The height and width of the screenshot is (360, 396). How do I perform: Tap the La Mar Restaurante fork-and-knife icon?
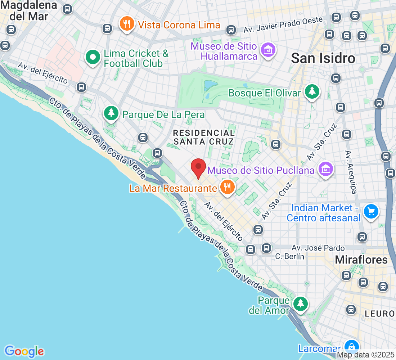coord(227,187)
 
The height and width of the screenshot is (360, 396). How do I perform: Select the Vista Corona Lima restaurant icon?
coord(126,24)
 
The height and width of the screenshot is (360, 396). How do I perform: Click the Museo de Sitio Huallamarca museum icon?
coord(268,50)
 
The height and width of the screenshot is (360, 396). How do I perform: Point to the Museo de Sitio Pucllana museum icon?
coord(325,168)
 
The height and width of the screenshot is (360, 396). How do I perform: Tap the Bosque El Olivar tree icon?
coord(311,92)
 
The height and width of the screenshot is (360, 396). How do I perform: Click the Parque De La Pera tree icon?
coord(111,113)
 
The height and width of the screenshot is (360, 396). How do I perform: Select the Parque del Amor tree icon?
coord(300,303)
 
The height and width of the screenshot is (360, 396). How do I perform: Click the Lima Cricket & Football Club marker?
coord(93,57)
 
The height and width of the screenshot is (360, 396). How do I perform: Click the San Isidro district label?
coord(323,58)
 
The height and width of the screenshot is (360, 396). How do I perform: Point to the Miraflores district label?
coord(361,260)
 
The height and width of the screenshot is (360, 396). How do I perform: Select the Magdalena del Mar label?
coord(29,10)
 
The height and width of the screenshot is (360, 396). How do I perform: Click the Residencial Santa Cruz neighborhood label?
coord(204,137)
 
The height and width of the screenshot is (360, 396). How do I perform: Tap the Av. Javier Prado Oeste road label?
coord(283,25)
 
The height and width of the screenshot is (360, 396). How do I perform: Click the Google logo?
coord(24,351)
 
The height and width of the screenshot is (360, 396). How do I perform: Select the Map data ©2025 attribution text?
coord(366,355)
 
